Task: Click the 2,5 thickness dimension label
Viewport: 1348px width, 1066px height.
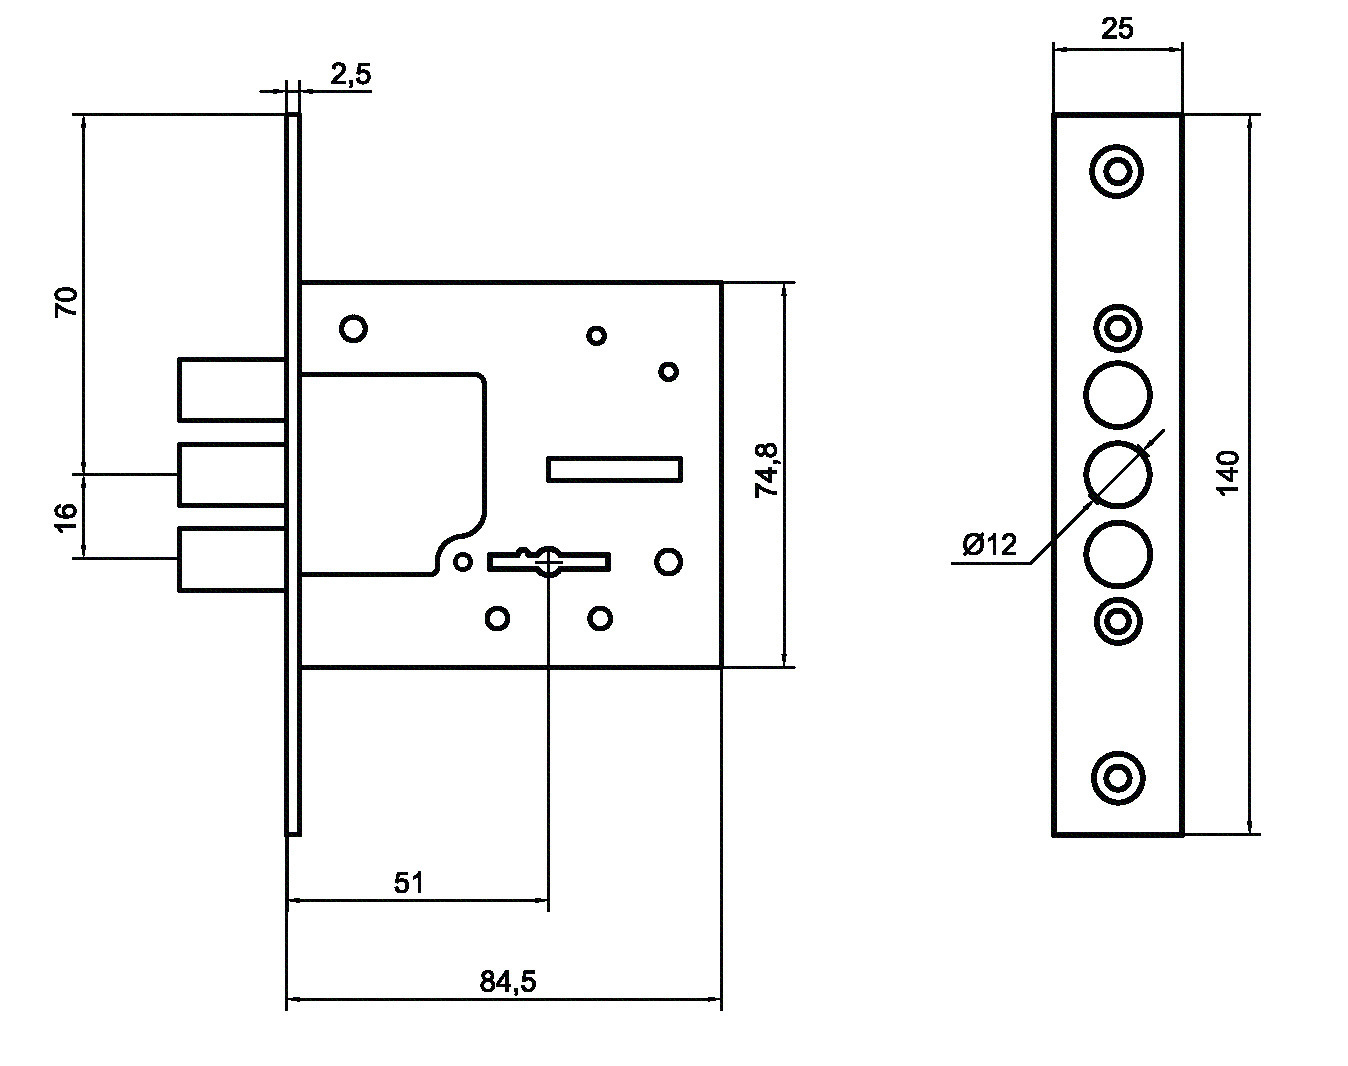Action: pos(351,75)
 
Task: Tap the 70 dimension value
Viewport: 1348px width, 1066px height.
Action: pos(66,301)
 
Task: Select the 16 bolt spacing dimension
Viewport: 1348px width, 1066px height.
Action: pos(66,517)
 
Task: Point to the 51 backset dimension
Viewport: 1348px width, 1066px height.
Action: pos(408,883)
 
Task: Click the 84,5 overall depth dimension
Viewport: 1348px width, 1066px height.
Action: pos(508,981)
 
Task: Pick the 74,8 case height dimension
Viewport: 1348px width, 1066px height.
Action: pos(766,470)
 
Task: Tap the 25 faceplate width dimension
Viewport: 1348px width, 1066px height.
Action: pos(1117,29)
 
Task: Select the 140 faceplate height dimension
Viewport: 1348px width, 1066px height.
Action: pos(1228,473)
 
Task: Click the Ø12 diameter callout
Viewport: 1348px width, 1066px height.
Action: pos(990,544)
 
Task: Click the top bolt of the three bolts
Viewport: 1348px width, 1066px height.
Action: pos(232,390)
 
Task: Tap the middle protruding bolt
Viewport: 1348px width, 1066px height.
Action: pos(232,474)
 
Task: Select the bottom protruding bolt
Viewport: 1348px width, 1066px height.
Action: pos(232,559)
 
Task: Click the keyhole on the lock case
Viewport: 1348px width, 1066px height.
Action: pos(549,561)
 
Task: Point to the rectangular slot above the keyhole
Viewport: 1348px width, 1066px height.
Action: pos(614,469)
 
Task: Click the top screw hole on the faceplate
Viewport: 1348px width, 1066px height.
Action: pos(1117,171)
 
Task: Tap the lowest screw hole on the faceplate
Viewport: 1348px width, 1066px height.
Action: pos(1118,778)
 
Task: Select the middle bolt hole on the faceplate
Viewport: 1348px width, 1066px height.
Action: pos(1117,474)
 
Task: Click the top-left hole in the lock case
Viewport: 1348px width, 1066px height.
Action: pos(353,328)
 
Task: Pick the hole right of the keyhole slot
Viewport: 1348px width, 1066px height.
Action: pos(668,562)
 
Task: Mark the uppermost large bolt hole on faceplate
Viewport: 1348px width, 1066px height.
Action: pos(1117,395)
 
